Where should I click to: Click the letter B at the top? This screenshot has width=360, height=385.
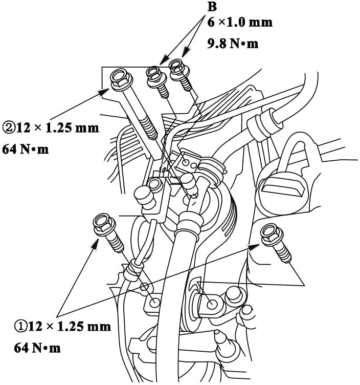[x=212, y=7]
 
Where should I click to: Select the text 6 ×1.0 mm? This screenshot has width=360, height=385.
[x=240, y=23]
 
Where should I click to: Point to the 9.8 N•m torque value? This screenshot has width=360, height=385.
[x=233, y=44]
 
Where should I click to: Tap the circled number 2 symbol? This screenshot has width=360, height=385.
[x=9, y=128]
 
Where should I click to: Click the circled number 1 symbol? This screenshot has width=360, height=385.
[x=20, y=327]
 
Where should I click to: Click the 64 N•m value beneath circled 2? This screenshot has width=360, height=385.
[x=26, y=149]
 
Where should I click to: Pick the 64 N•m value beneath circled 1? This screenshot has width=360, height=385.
[x=37, y=348]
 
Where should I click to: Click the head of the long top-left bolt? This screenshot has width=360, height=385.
[x=121, y=79]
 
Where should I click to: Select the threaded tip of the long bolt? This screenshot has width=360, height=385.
[x=149, y=129]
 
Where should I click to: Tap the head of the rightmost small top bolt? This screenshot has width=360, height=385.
[x=179, y=69]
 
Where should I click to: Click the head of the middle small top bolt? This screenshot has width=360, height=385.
[x=156, y=76]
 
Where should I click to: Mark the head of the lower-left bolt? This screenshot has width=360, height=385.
[x=104, y=225]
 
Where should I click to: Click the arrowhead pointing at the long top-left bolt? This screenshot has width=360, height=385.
[x=104, y=93]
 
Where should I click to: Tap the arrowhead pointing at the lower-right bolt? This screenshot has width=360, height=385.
[x=254, y=247]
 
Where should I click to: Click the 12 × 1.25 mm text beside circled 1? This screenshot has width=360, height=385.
[x=70, y=327]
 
